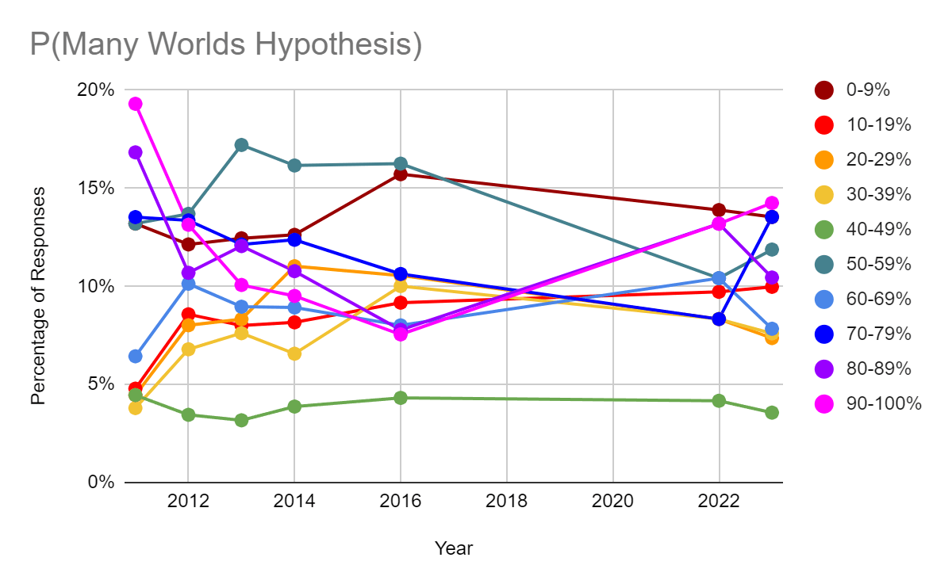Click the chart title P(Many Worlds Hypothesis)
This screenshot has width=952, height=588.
[225, 45]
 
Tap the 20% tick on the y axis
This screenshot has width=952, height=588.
[96, 90]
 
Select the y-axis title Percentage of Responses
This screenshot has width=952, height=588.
[38, 296]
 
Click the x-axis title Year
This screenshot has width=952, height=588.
[453, 548]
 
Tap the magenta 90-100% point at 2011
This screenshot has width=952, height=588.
[135, 104]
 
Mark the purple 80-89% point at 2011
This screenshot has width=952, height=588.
[135, 152]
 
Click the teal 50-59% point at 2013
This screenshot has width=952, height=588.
[241, 145]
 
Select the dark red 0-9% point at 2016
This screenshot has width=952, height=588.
[401, 174]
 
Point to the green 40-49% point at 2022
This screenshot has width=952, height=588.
[719, 401]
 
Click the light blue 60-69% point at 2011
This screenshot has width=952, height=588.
[135, 356]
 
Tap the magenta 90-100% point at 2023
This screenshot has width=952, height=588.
[772, 203]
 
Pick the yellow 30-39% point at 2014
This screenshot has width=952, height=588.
[294, 353]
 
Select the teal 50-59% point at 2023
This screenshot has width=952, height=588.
[772, 250]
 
